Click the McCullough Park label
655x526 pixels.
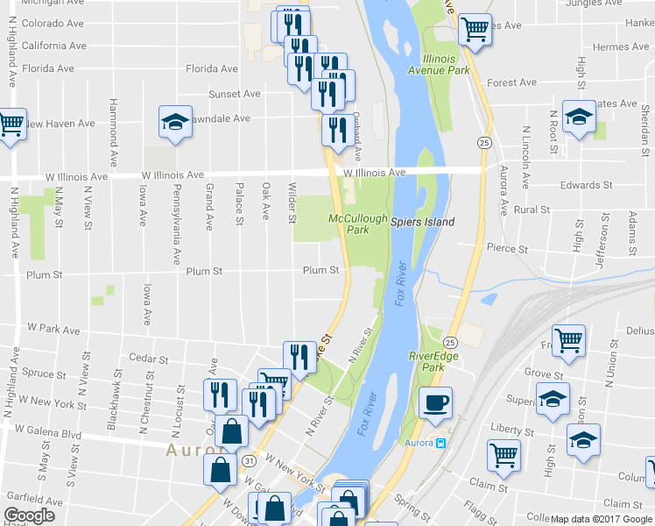point(348,224)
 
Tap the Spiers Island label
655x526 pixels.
point(422,222)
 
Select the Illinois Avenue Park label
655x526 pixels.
point(438,65)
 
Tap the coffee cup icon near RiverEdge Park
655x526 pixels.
point(435,403)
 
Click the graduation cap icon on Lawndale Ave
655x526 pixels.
point(175,122)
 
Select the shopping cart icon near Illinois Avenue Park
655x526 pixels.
point(475,28)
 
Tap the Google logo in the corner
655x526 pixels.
point(29,515)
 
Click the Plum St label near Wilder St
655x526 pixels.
point(320,271)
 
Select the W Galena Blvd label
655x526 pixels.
point(47,431)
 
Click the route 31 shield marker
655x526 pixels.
point(250,460)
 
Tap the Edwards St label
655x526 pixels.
point(587,185)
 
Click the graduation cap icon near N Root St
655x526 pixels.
point(579,117)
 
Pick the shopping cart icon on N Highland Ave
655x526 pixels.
point(11,124)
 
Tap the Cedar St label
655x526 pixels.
point(147,358)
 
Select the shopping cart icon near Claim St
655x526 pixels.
point(504,454)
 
